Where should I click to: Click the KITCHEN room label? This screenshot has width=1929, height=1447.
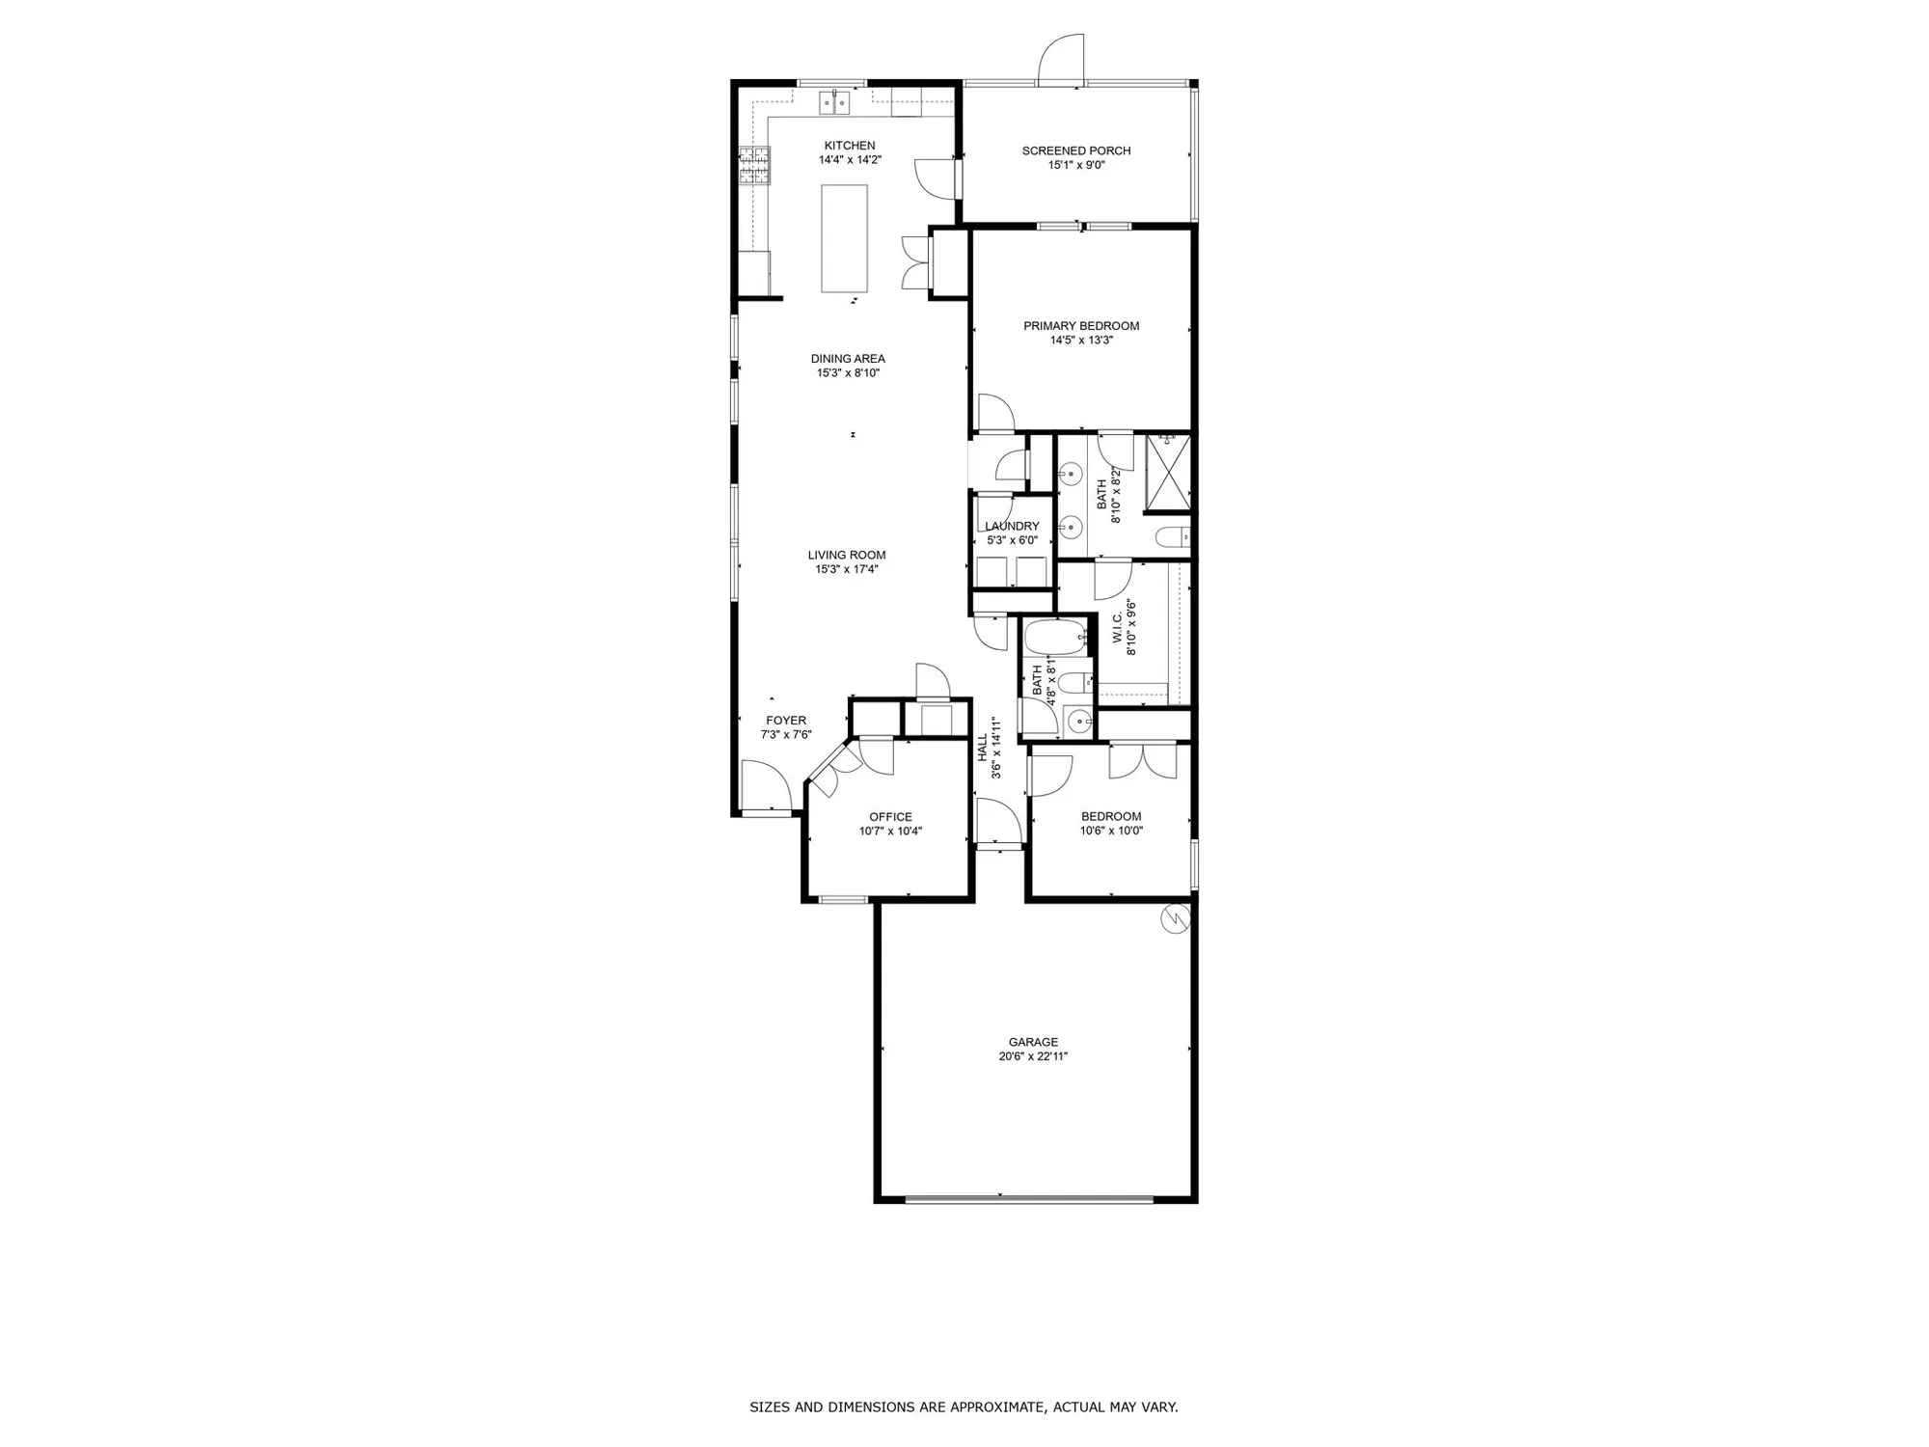point(850,146)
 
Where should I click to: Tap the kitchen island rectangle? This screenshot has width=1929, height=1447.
point(844,238)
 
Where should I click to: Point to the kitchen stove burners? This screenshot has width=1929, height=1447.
point(755,165)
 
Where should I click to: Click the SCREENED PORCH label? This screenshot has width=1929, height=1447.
point(1076,150)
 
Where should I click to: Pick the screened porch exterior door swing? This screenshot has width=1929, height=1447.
point(1063,61)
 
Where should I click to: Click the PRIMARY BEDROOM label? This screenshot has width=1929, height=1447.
point(1081,326)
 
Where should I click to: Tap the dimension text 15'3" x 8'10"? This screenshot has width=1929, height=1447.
point(848,373)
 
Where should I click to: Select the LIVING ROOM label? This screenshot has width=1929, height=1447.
point(847,555)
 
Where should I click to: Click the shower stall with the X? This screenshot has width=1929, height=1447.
point(1168,473)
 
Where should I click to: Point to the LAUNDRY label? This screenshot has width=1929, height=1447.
point(1012,526)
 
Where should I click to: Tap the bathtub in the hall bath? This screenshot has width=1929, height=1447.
point(1055,638)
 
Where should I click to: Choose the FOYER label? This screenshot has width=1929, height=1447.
point(786,721)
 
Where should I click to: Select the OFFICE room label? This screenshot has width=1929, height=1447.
point(890,817)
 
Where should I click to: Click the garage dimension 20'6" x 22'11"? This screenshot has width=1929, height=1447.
point(1033,1056)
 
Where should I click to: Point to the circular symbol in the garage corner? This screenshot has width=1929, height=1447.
point(1176,919)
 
